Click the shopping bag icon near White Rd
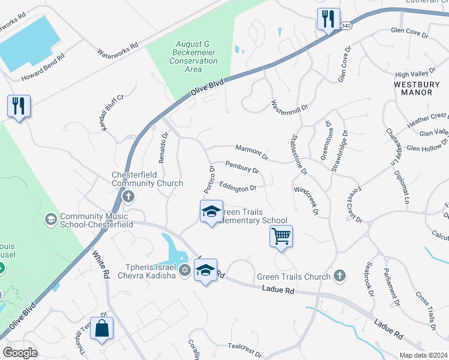(x=102, y=328)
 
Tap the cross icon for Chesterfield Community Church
(x=127, y=196)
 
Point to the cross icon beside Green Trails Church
(x=339, y=276)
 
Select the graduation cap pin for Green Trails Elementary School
(x=211, y=212)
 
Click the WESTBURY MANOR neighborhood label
(x=417, y=89)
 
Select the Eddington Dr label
(x=238, y=188)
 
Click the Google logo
(x=20, y=352)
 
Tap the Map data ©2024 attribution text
(x=423, y=355)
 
